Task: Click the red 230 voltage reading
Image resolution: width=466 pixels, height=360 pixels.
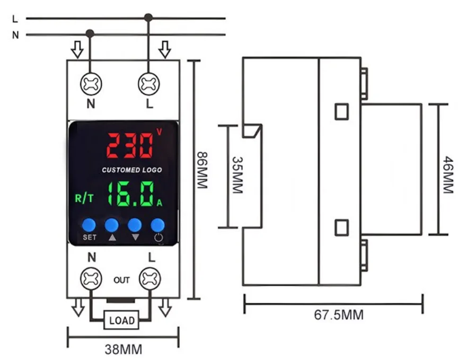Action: click(130, 145)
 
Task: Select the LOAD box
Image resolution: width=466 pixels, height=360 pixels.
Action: click(122, 320)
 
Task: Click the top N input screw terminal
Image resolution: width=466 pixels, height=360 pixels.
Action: click(91, 84)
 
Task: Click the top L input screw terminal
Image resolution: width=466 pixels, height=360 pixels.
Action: click(149, 84)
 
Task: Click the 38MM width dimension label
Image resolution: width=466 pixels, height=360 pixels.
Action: click(123, 350)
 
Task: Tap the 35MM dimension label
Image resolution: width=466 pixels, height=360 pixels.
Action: click(237, 175)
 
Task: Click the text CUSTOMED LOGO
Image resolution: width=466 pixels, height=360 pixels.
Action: click(131, 170)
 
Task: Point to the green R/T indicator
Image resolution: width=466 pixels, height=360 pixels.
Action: click(84, 199)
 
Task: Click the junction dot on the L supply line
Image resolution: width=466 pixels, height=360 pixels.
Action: click(148, 17)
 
